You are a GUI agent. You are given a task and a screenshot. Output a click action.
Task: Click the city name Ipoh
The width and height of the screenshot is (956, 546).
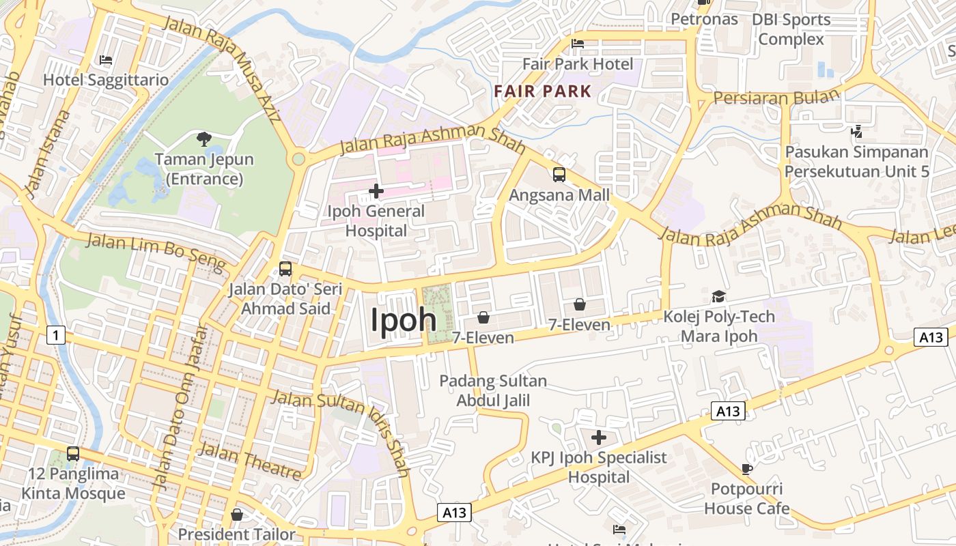tap(403, 319)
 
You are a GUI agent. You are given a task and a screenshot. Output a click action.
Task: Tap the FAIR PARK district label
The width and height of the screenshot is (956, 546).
tap(543, 91)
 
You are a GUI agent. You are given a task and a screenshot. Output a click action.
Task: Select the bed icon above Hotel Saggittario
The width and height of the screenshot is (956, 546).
tap(106, 61)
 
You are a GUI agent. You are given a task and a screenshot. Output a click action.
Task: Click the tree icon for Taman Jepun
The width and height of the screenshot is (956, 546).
tap(203, 140)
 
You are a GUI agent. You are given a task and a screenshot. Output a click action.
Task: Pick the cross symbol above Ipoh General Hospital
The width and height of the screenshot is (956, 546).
tap(376, 192)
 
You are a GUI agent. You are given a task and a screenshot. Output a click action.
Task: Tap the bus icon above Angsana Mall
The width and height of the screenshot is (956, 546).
tap(559, 175)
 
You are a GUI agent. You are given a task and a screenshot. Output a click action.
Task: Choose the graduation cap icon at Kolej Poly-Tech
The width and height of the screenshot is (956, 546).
tap(718, 296)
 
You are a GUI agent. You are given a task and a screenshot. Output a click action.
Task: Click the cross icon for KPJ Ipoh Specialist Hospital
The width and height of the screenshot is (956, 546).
tap(599, 437)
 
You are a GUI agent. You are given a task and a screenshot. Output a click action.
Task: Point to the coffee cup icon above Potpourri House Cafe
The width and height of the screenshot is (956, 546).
tap(747, 469)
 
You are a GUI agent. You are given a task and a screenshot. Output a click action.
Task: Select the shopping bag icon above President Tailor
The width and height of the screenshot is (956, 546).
tap(237, 514)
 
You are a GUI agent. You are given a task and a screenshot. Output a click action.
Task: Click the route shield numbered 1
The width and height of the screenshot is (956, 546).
tap(57, 334)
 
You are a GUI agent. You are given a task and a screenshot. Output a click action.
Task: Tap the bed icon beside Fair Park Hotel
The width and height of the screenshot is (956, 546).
tap(578, 44)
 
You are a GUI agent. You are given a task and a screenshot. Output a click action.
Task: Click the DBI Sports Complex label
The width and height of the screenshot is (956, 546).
tap(791, 29)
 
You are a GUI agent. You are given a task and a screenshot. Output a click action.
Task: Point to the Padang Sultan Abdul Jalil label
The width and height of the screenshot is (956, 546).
tap(493, 390)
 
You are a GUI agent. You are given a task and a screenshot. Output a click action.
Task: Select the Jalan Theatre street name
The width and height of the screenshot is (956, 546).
tap(249, 461)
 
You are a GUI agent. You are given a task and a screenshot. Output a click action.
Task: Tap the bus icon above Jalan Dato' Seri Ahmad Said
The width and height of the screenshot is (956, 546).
tap(285, 269)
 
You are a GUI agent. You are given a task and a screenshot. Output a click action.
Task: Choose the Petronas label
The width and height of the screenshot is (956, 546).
tap(704, 19)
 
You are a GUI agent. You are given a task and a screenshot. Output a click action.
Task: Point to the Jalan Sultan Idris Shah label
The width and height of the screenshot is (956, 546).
tap(341, 430)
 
